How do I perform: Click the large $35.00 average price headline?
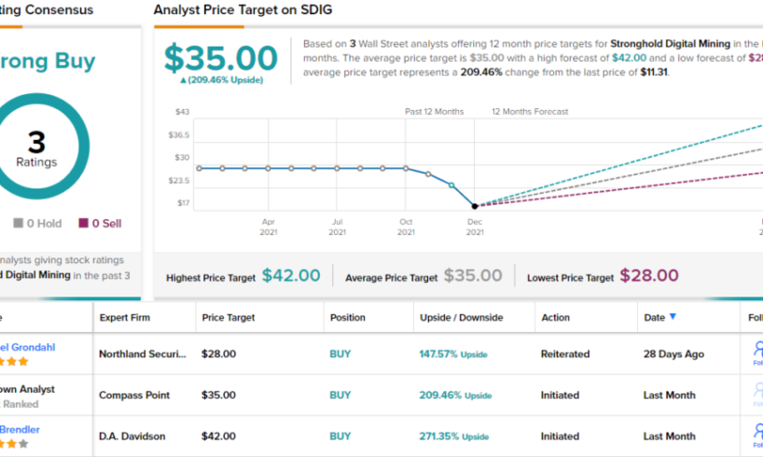coord(222,58)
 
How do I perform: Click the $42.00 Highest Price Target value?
coord(291,275)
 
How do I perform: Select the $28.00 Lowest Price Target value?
coord(649,275)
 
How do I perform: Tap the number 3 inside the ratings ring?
coord(36,143)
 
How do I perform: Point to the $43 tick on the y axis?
coord(182,112)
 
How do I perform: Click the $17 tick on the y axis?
coord(183,202)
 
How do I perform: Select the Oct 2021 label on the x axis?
coord(406,227)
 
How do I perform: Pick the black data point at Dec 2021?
coord(475,206)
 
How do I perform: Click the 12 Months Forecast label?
coord(530,112)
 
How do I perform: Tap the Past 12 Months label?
coord(434,112)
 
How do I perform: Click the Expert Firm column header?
coord(125,317)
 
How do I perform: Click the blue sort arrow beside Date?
coord(673,317)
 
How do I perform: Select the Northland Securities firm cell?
coord(143,354)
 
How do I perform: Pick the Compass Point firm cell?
coord(134,395)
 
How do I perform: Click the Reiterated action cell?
coord(565,354)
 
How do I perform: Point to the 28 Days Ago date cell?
coord(673,354)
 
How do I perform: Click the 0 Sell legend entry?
coord(100,223)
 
